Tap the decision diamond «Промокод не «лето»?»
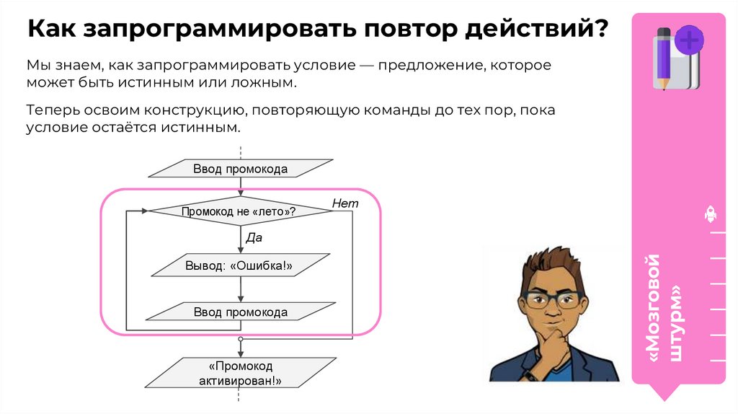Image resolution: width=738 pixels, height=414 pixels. pyautogui.click(x=239, y=211)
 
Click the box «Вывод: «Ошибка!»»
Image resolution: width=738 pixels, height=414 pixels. pyautogui.click(x=240, y=265)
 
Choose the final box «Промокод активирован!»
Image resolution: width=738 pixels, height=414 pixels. pyautogui.click(x=240, y=372)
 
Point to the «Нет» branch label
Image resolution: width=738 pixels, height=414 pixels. pyautogui.click(x=344, y=204)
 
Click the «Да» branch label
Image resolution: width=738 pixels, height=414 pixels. pyautogui.click(x=254, y=237)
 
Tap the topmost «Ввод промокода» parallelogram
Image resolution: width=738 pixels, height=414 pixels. pyautogui.click(x=240, y=169)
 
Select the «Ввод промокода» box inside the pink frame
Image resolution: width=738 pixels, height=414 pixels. pyautogui.click(x=240, y=312)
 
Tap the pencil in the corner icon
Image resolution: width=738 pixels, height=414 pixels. pyautogui.click(x=662, y=58)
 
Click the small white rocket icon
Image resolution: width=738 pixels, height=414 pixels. pyautogui.click(x=709, y=214)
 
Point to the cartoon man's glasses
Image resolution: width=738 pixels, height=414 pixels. pyautogui.click(x=553, y=299)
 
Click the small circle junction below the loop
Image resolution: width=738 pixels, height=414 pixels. pyautogui.click(x=241, y=338)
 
